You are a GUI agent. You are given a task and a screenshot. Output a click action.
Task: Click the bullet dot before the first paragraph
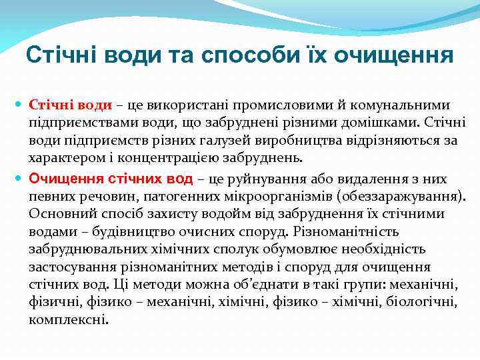click(x=19, y=105)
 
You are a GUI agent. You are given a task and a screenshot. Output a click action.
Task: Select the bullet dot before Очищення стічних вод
click(x=19, y=179)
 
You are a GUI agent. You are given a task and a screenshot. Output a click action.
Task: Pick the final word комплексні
click(x=68, y=319)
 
